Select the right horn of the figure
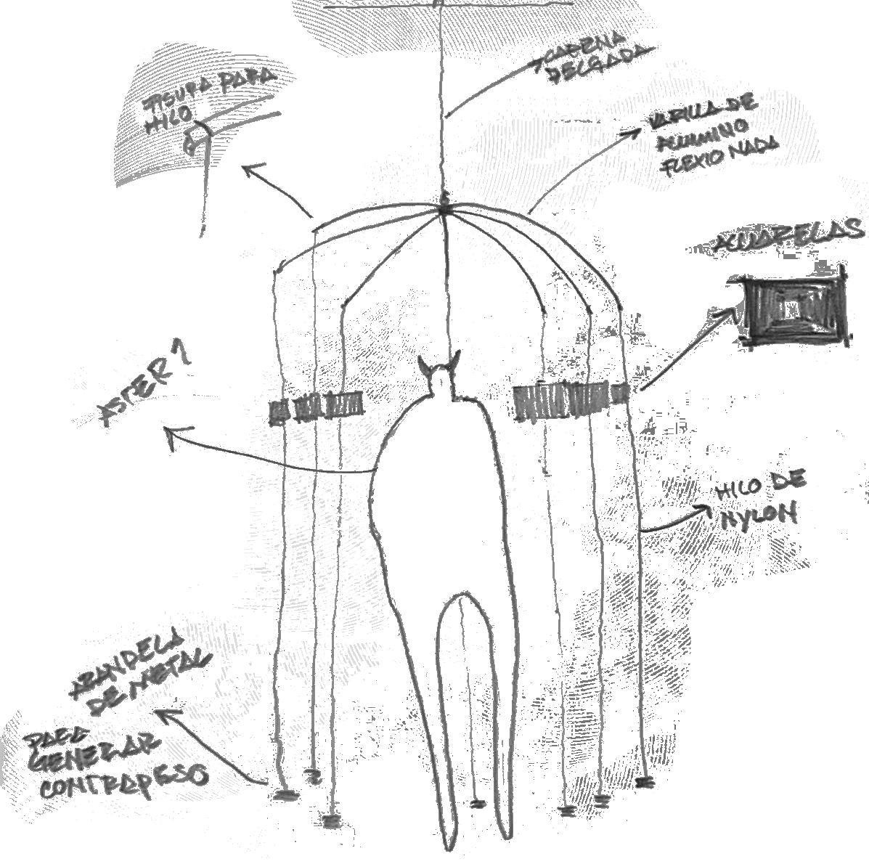[456, 360]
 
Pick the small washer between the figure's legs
[477, 804]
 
